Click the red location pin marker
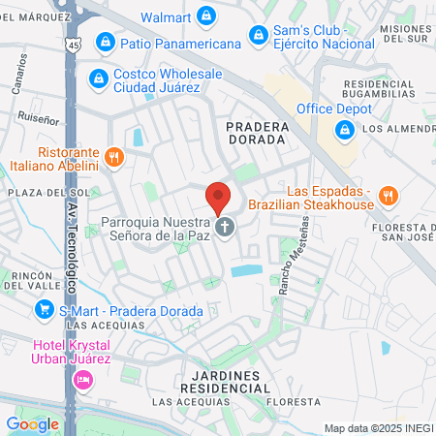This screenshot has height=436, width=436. click(218, 198)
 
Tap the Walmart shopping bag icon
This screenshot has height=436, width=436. click(206, 16)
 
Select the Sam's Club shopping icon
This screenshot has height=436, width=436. click(257, 36)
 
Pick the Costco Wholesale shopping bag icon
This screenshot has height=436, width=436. click(97, 78)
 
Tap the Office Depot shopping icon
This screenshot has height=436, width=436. click(344, 109)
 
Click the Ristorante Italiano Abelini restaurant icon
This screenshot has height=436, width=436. click(114, 157)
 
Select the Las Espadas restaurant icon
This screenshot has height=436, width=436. click(388, 195)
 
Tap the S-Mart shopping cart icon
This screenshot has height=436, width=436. click(44, 310)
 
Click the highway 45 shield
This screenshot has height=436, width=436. click(73, 46)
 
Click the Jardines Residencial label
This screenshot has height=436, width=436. click(224, 381)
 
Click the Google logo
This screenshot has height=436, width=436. click(32, 423)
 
